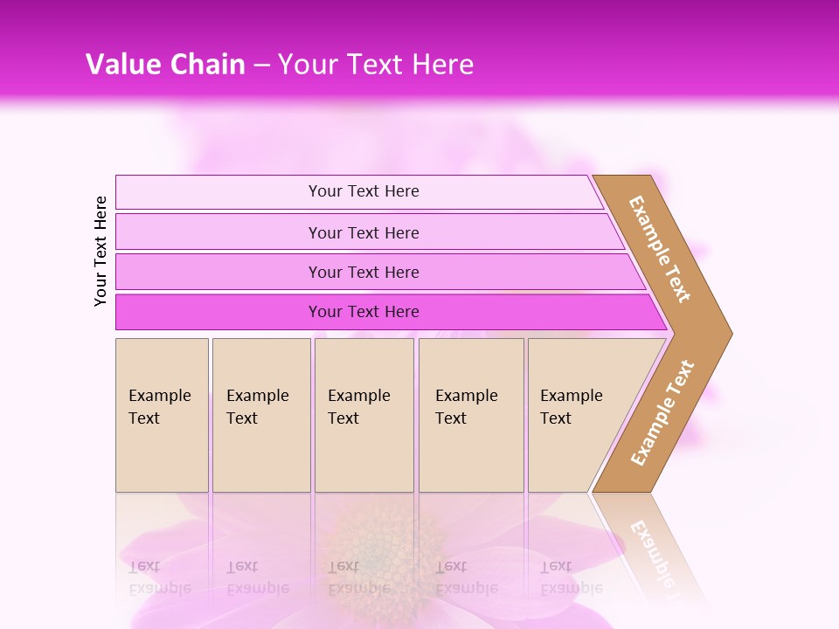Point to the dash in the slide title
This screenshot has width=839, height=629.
tap(261, 65)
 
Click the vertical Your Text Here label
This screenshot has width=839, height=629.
tap(101, 251)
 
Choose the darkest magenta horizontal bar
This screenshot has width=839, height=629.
tap(364, 312)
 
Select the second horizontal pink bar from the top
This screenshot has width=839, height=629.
tap(364, 232)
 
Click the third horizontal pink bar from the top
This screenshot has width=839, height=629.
tap(364, 272)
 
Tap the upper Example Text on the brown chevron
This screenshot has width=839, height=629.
tap(660, 249)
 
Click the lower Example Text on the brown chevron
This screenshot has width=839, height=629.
tap(662, 412)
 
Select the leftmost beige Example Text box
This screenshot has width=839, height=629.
tap(162, 415)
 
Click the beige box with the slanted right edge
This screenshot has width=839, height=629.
tap(586, 415)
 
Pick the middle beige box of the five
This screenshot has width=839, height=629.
tap(364, 415)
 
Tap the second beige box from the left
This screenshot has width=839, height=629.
tap(261, 415)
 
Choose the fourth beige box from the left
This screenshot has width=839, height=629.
tap(471, 415)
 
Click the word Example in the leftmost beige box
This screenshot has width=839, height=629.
tap(159, 396)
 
